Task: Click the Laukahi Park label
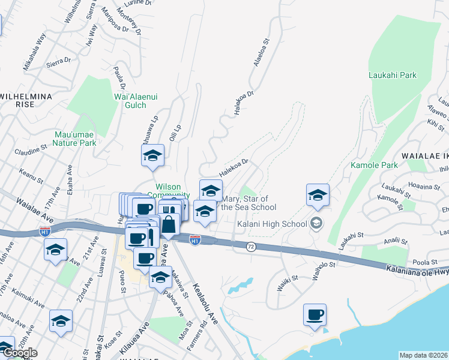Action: pyautogui.click(x=393, y=76)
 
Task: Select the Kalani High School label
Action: pyautogui.click(x=277, y=224)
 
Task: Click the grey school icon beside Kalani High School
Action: pyautogui.click(x=316, y=224)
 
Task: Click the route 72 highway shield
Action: pyautogui.click(x=252, y=246)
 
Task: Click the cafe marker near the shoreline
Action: pyautogui.click(x=315, y=315)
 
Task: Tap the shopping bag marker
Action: pyautogui.click(x=170, y=224)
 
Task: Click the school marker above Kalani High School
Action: pyautogui.click(x=317, y=195)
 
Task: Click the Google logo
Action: pyautogui.click(x=19, y=352)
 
